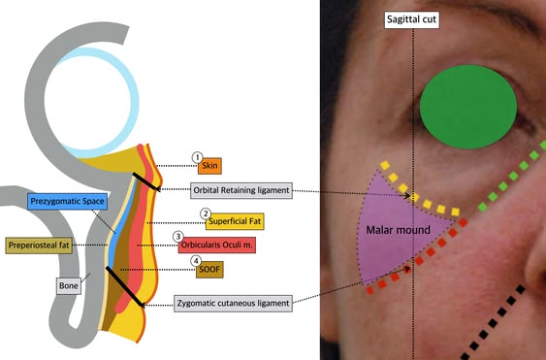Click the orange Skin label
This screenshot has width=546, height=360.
click(x=209, y=166)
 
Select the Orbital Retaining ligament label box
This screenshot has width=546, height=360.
click(x=241, y=190)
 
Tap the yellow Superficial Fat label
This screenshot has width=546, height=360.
click(x=235, y=221)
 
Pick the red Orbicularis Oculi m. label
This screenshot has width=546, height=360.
click(x=217, y=245)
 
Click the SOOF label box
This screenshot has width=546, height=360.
click(x=209, y=270)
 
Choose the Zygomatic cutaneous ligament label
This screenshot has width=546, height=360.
click(x=234, y=303)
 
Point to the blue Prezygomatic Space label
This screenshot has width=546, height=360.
click(x=67, y=202)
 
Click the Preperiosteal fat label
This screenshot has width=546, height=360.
click(x=39, y=245)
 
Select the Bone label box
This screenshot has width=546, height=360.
click(x=69, y=286)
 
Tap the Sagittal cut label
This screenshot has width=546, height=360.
click(x=411, y=19)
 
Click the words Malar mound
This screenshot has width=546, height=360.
click(x=398, y=230)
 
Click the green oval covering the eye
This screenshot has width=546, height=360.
click(x=468, y=107)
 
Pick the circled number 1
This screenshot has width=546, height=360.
click(x=198, y=157)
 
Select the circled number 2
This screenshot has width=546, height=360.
click(x=206, y=213)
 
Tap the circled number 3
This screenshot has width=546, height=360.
click(x=178, y=237)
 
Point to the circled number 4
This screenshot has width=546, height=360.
click(x=196, y=261)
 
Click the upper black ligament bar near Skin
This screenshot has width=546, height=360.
click(x=146, y=181)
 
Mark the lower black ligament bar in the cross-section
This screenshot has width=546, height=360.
click(x=125, y=287)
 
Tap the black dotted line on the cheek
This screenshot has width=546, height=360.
click(x=493, y=322)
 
